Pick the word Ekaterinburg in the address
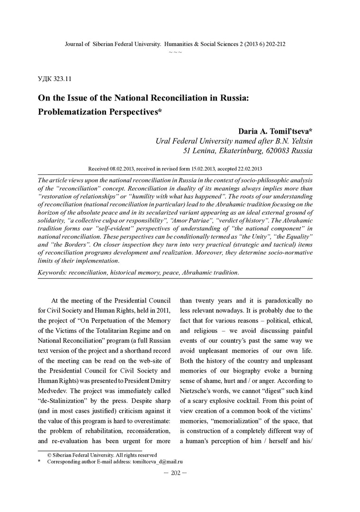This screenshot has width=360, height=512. pyautogui.click(x=230, y=151)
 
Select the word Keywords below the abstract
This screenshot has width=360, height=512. pyautogui.click(x=54, y=273)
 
